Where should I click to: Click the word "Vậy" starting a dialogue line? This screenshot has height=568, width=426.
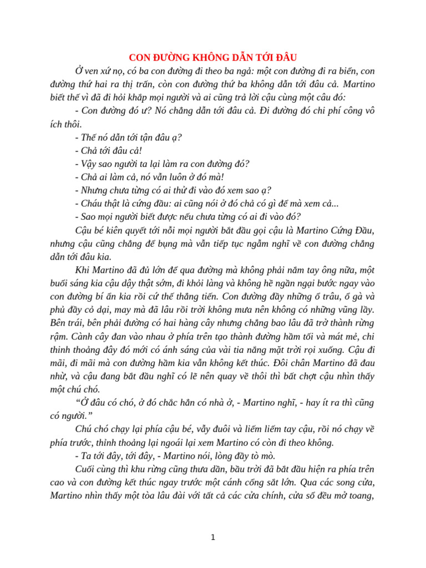(x=87, y=164)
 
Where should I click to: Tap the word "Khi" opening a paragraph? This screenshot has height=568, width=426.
(x=83, y=270)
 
